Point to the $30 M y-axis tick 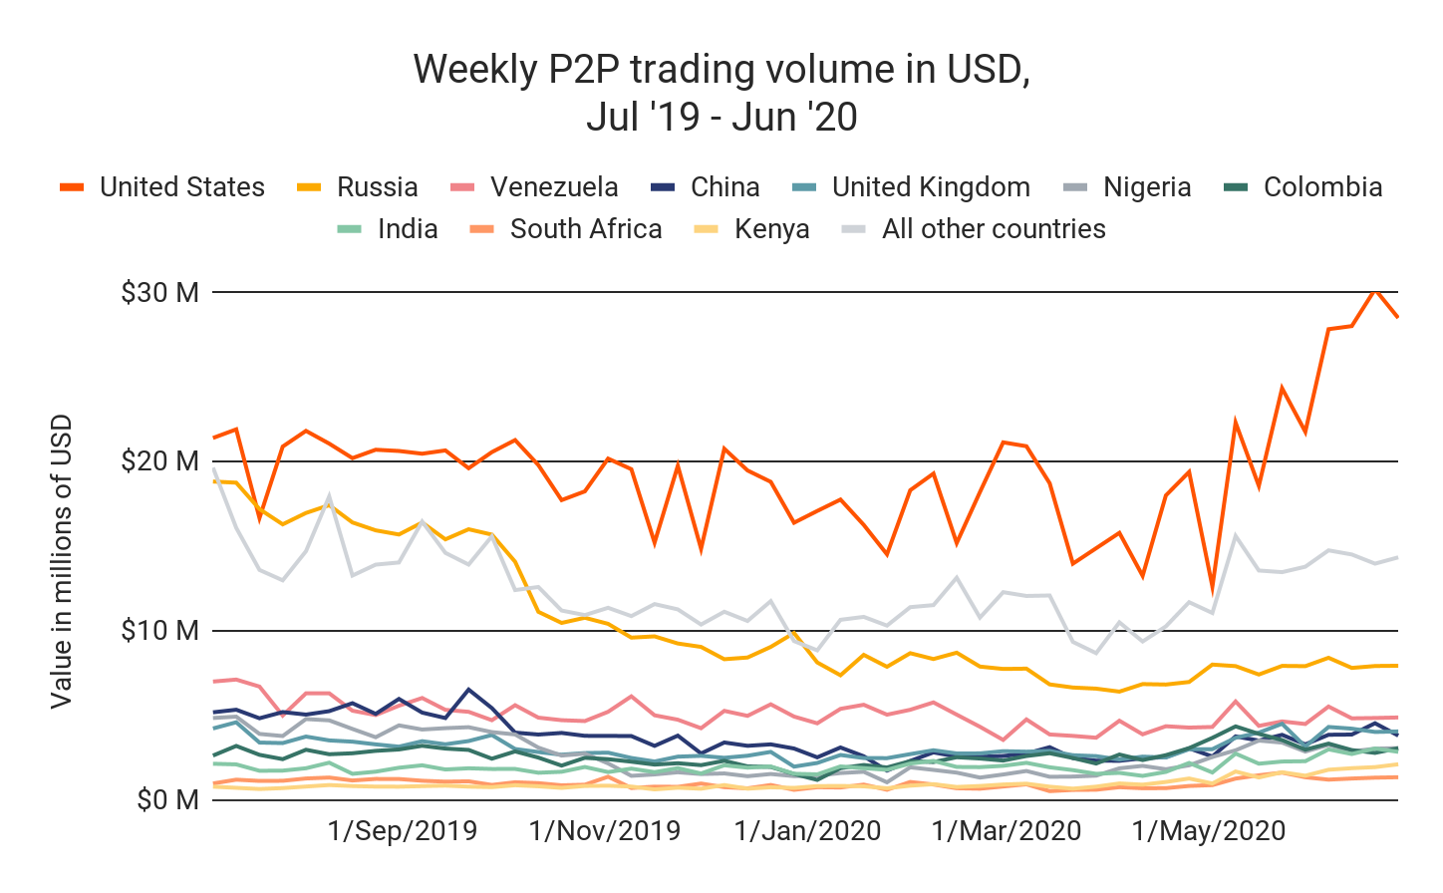point(159,293)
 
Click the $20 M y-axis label point(159,461)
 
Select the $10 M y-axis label point(159,631)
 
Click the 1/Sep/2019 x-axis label point(403,831)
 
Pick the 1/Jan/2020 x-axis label point(807,831)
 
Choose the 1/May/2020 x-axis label point(1209,831)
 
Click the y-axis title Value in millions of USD point(62,561)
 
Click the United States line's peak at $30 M point(1375,290)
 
